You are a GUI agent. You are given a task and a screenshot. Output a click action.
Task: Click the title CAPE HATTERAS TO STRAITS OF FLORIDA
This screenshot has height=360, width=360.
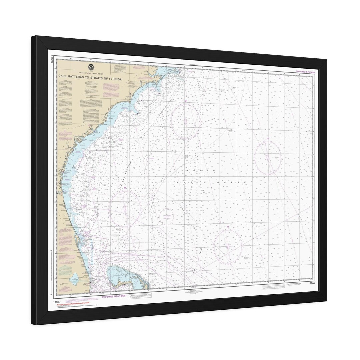(90, 76)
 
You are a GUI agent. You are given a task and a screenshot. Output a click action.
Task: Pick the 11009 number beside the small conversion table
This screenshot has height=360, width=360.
(312, 283)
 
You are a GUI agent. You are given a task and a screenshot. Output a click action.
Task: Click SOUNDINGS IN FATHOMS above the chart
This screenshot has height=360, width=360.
(305, 72)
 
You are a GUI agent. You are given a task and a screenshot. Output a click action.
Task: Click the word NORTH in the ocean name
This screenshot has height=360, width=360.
(201, 171)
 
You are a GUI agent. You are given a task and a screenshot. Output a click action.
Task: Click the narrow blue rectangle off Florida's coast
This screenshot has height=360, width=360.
(91, 249)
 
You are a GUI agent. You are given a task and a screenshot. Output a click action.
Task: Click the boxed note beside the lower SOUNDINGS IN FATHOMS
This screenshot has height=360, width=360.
(140, 296)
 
